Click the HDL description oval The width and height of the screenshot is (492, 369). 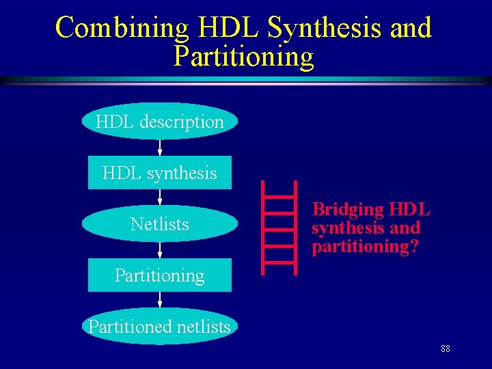tap(160, 122)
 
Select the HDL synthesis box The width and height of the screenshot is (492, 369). tap(160, 173)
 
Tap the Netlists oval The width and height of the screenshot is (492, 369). tap(160, 224)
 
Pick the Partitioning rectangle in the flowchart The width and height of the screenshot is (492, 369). tap(160, 275)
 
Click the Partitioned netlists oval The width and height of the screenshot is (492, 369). tap(160, 327)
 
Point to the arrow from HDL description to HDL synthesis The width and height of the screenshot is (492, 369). tap(160, 148)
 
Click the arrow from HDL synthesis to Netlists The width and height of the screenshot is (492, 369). tap(160, 198)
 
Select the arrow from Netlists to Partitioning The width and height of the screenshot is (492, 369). tap(160, 249)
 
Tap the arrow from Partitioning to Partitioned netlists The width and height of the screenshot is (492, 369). tap(160, 301)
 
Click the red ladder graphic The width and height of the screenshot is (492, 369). tap(280, 227)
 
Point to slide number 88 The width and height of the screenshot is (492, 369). tap(446, 349)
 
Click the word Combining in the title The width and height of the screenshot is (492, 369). tap(122, 27)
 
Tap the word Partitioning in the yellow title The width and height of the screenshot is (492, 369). tap(244, 57)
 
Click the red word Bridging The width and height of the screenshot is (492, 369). tap(348, 209)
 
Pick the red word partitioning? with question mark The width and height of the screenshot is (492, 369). tap(365, 247)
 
